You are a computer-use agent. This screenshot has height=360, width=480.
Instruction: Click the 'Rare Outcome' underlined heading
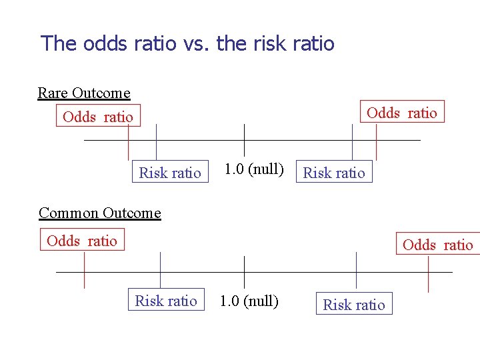84,93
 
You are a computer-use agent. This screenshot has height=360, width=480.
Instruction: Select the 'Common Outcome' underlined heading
100,213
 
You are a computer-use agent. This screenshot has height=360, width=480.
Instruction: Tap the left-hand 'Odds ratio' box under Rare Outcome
98,117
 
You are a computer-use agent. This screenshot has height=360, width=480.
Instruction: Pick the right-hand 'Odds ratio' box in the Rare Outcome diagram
402,113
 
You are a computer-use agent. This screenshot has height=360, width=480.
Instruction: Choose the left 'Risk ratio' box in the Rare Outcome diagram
170,173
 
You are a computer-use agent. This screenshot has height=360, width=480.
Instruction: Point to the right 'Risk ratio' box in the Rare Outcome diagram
334,173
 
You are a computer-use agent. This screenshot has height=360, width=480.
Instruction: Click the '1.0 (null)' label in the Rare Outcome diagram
254,169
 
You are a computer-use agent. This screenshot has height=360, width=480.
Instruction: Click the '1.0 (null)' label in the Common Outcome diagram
249,301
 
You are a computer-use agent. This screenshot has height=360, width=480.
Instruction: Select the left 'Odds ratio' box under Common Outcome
82,241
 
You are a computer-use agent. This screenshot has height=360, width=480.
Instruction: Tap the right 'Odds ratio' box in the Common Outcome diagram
438,245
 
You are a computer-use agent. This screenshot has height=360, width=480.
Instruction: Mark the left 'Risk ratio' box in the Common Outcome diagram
166,301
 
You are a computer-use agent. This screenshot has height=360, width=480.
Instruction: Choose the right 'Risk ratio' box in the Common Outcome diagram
354,305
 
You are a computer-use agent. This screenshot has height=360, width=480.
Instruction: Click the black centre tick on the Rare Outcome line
245,140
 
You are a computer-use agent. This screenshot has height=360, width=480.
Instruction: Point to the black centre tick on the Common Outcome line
245,272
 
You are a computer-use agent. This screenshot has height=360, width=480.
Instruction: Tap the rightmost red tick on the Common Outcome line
428,273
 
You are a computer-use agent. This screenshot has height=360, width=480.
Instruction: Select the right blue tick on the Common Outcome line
357,270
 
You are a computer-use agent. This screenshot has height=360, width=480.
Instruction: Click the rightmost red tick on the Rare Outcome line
377,142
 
